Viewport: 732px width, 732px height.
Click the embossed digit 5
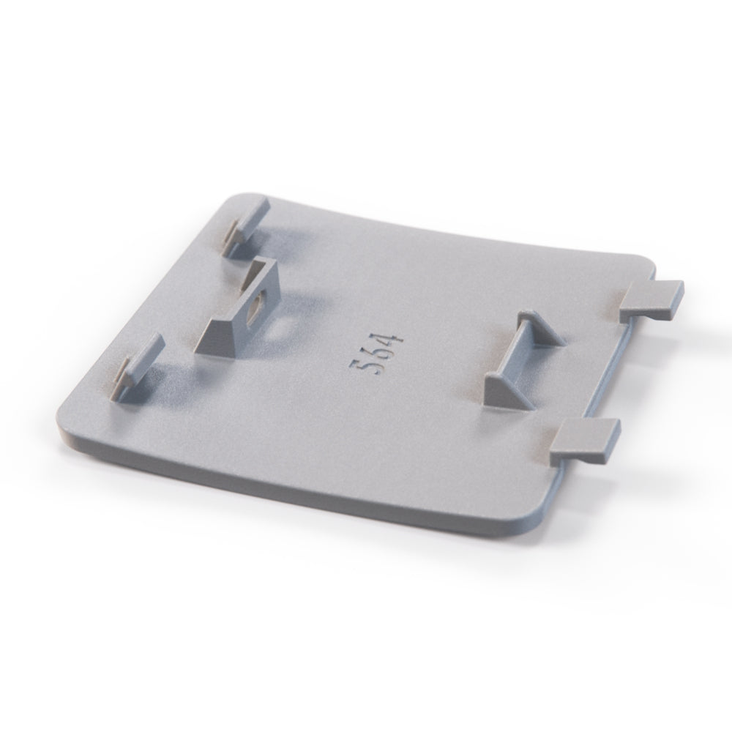tap(360, 365)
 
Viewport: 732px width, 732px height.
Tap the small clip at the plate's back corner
tap(245, 225)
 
